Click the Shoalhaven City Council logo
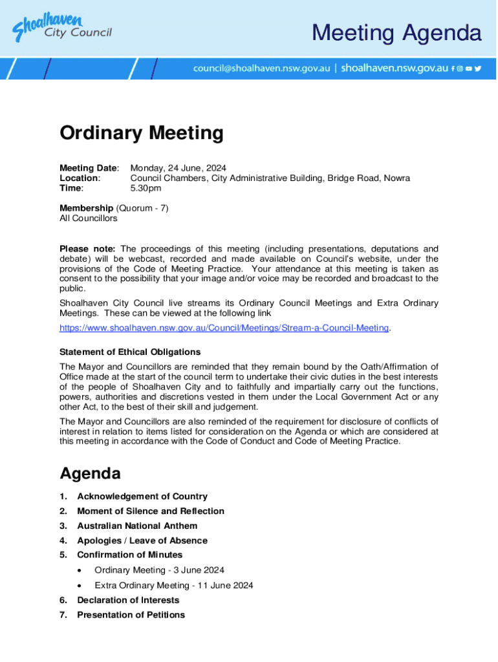[x=62, y=28]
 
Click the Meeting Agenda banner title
[x=396, y=32]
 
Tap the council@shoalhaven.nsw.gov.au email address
[x=261, y=68]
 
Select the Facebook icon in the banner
[x=453, y=68]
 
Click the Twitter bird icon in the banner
[x=478, y=68]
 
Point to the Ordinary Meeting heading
[x=141, y=133]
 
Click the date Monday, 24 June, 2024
[x=178, y=168]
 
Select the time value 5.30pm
[x=146, y=188]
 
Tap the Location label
[x=80, y=178]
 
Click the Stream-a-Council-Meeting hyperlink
[x=224, y=328]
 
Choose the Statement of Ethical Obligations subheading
[x=129, y=352]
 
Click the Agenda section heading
[x=90, y=473]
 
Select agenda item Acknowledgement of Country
[x=142, y=496]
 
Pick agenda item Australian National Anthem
[x=137, y=526]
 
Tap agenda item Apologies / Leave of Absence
[x=142, y=540]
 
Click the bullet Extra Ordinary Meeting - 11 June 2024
[x=173, y=585]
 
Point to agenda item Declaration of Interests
[x=128, y=600]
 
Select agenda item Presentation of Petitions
[x=131, y=615]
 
